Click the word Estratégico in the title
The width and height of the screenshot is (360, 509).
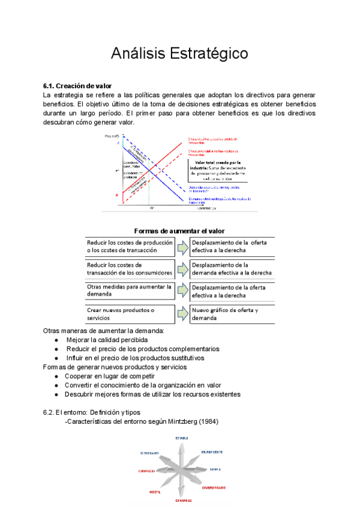211,53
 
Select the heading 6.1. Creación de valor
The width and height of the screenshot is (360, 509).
77,86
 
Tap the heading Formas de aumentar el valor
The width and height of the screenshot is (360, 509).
180,230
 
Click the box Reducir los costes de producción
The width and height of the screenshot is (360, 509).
130,246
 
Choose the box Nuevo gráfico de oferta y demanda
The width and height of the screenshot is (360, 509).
232,314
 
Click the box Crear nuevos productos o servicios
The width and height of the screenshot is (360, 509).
130,314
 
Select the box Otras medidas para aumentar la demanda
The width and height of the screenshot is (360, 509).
130,291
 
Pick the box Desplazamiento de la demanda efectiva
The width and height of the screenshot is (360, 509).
232,268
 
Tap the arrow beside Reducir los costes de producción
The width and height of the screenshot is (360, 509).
182,246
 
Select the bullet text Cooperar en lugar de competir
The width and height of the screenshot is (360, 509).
112,376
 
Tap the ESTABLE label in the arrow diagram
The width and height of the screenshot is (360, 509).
182,438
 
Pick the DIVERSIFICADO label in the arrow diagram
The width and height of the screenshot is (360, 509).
214,487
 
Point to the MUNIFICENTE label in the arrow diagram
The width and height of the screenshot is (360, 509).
212,451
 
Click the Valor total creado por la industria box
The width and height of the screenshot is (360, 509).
218,170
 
